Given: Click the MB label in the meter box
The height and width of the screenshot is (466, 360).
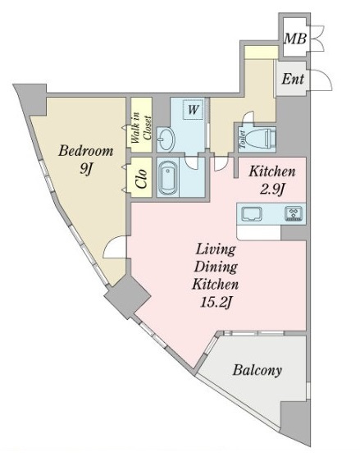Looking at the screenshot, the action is point(295,39).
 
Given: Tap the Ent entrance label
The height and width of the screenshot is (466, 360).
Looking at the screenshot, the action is point(293,79).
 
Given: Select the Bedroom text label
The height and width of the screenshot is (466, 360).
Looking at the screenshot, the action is point(86,151).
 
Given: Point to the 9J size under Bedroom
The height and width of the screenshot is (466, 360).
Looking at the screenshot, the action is point(85,169).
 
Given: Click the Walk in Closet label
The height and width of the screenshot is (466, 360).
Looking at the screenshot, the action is point(141,127).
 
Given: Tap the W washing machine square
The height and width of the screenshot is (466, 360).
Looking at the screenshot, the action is point(193,110).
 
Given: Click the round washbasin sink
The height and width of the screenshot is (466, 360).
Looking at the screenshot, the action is point(166,139).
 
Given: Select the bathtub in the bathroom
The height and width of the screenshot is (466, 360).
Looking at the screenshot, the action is point(168,177).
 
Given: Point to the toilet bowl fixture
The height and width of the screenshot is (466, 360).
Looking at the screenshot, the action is point(262,138).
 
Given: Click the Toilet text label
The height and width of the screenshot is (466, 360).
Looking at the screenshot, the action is point(243,139).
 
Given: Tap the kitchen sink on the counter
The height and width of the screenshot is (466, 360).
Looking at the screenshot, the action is point(253,214).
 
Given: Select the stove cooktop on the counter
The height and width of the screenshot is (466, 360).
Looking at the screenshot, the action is point(294,213).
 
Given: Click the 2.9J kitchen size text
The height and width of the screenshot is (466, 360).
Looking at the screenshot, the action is point(273,190).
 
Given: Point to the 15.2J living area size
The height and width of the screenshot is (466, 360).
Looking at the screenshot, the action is point(216,303).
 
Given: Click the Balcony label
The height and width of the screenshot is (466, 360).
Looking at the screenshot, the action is point(257,370).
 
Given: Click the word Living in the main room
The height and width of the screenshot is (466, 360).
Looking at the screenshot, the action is point(216,249).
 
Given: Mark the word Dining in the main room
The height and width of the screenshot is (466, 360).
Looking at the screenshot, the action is point(216,267).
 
